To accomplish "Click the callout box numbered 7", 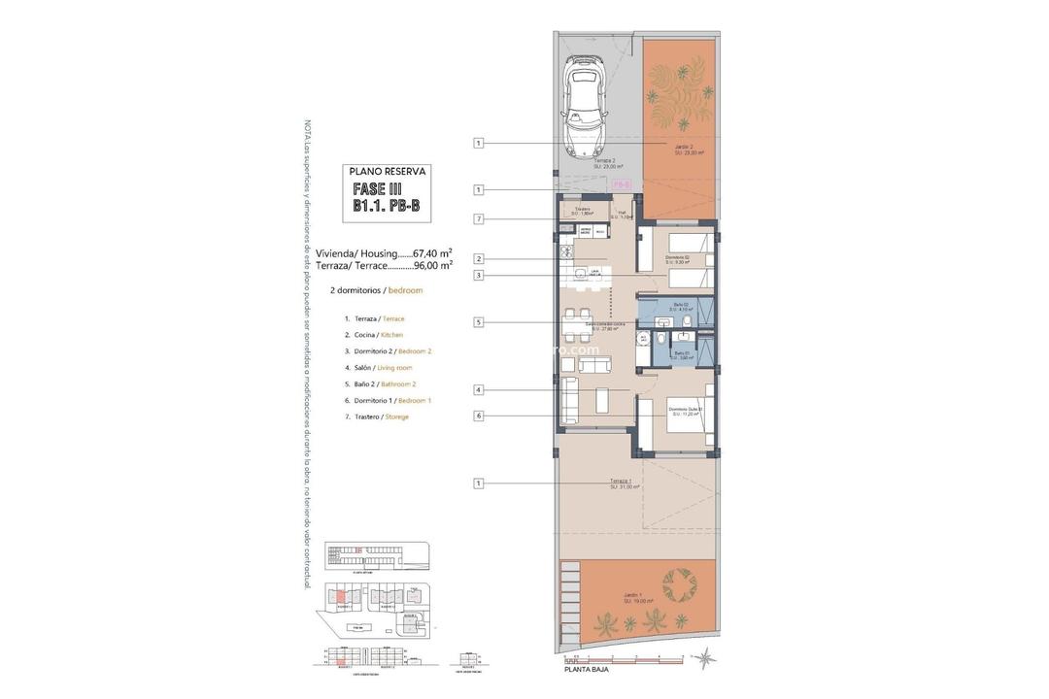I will coord(479,218).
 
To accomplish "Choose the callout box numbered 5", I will coord(479,321).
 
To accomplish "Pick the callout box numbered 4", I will coord(479,390).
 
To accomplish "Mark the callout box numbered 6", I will coord(479,416).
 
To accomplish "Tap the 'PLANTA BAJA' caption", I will coord(591,670).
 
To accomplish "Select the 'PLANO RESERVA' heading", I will coord(388,172).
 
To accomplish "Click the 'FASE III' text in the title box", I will coord(378,189).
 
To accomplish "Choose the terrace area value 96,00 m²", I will coord(433,265).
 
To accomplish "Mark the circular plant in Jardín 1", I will coord(678,585).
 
